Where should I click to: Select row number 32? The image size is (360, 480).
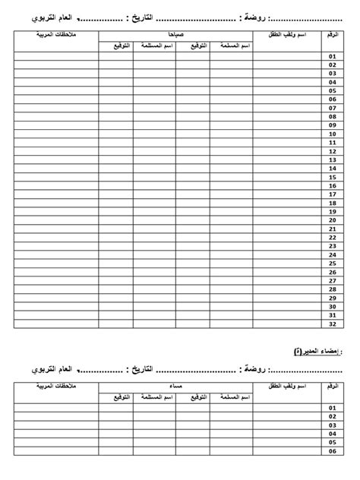coord(332,324)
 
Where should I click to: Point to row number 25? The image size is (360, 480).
coord(332,263)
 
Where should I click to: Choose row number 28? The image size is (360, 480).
coord(332,289)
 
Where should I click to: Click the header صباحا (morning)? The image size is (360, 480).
coord(175,35)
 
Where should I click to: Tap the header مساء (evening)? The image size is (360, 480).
coord(175,387)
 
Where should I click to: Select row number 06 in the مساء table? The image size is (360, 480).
coord(332,451)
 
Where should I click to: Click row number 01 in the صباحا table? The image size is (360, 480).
coord(332,56)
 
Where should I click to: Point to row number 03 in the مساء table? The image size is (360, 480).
coord(332,425)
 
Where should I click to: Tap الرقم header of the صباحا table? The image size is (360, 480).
coord(332,36)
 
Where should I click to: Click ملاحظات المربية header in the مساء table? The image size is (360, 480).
coord(55,387)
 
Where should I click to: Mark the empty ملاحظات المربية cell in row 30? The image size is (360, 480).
coord(55,306)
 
